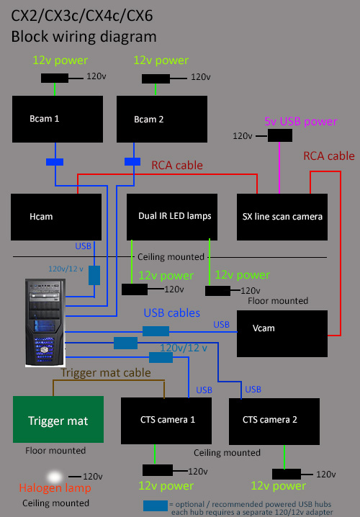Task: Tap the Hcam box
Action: point(55,216)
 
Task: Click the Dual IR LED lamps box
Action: point(175,216)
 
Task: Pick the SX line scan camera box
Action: point(282,216)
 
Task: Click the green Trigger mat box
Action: point(57,421)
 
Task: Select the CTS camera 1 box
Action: point(168,420)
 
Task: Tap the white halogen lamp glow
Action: point(53,477)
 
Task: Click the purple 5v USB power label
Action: point(300,122)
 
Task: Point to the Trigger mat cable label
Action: point(106,372)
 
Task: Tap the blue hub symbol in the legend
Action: point(155,505)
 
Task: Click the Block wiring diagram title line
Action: point(84,36)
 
